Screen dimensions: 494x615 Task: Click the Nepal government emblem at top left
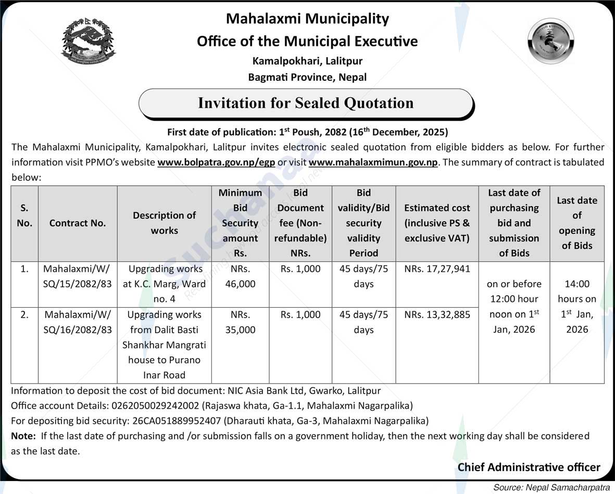pos(89,42)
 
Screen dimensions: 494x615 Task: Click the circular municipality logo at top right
pos(550,41)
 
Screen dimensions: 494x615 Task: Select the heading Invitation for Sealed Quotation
pos(306,103)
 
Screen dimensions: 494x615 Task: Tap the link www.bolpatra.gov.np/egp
pos(216,162)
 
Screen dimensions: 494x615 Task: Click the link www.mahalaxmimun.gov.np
pos(373,162)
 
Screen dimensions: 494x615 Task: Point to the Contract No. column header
pos(78,223)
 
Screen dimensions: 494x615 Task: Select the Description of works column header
pos(164,223)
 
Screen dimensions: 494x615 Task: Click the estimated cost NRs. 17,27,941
pos(437,269)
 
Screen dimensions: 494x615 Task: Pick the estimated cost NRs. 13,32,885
pos(437,315)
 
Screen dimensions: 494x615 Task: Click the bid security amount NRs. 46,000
pos(240,276)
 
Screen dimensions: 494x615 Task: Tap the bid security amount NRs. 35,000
pos(240,322)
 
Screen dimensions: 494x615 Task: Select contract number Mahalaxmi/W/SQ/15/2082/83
pos(78,276)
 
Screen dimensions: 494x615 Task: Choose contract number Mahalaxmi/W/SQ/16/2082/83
pos(78,322)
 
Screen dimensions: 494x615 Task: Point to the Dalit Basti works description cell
pos(164,345)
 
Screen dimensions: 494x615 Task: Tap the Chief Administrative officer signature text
pos(529,467)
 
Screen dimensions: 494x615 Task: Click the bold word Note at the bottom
pos(23,436)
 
